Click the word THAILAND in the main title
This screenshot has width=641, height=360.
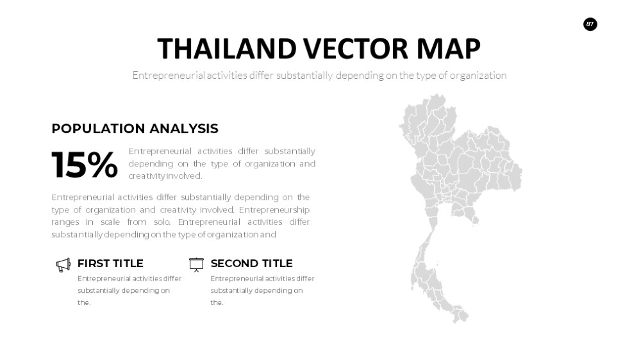227,49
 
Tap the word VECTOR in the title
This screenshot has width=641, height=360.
356,49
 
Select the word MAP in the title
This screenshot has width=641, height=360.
449,49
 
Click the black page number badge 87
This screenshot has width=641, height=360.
590,24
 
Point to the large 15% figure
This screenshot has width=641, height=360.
85,165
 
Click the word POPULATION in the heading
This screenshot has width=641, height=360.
97,129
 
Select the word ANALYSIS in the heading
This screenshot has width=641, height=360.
183,129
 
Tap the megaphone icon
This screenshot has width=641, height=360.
63,265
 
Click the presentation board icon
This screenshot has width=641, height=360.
196,265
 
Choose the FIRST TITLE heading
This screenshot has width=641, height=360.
110,263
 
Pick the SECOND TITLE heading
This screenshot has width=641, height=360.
251,263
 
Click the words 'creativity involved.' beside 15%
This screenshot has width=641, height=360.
165,176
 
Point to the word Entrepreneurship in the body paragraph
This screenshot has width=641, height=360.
274,210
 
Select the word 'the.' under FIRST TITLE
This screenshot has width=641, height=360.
84,303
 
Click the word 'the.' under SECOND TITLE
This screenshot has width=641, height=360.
217,303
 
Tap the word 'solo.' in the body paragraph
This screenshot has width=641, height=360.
162,222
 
